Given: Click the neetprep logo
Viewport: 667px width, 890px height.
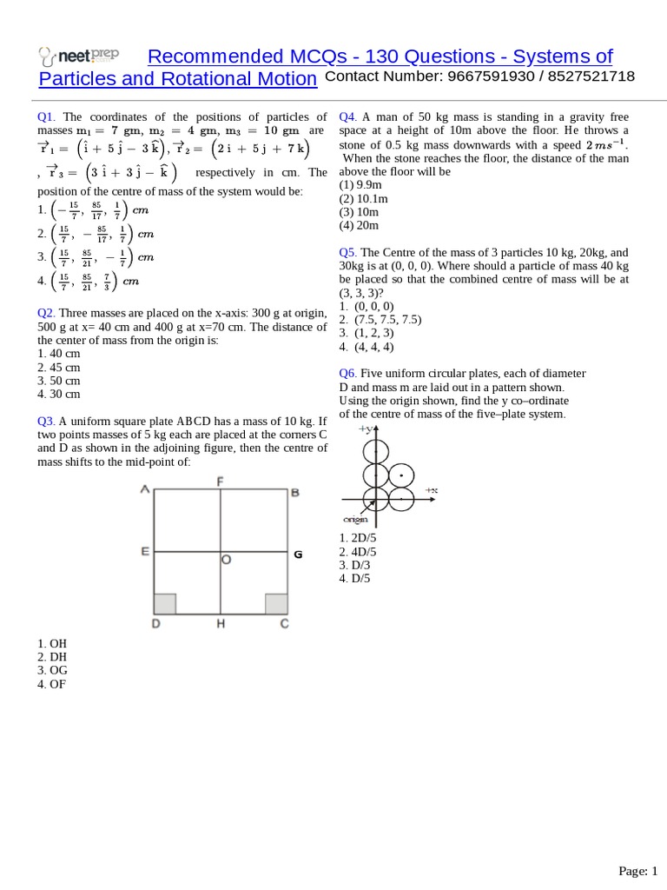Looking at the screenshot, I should pyautogui.click(x=78, y=57).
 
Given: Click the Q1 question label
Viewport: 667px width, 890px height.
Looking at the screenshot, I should pyautogui.click(x=46, y=116).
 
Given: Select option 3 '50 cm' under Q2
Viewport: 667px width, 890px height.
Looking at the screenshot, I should pyautogui.click(x=59, y=381).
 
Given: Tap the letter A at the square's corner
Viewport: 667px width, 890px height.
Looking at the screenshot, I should pyautogui.click(x=145, y=490).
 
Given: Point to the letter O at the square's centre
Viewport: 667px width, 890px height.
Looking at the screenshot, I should pyautogui.click(x=226, y=561).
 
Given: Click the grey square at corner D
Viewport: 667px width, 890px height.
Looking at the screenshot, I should pyautogui.click(x=165, y=604).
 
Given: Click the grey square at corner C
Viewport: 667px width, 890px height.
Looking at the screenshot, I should pyautogui.click(x=276, y=604).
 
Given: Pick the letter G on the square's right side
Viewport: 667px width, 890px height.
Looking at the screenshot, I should pyautogui.click(x=298, y=554).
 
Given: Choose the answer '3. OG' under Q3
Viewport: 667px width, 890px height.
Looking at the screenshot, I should pyautogui.click(x=52, y=670).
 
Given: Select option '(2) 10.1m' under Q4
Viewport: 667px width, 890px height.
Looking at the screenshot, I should pyautogui.click(x=364, y=198).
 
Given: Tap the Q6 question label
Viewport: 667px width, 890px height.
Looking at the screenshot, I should pyautogui.click(x=347, y=374).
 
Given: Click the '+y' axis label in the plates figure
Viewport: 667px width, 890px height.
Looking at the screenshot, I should pyautogui.click(x=365, y=429).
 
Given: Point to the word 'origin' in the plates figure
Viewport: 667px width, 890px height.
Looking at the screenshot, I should pyautogui.click(x=355, y=519).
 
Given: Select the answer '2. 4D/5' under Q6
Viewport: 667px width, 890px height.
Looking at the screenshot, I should pyautogui.click(x=358, y=552).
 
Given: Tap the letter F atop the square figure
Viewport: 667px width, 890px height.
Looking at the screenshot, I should pyautogui.click(x=221, y=481).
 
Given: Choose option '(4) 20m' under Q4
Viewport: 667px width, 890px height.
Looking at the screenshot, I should pyautogui.click(x=359, y=225).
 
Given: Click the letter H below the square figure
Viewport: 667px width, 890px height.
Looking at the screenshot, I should pyautogui.click(x=221, y=624).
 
